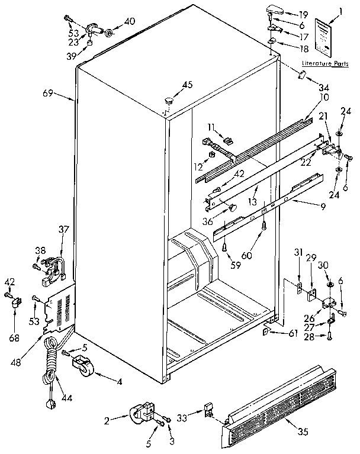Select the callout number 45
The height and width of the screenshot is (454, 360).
[x=187, y=85]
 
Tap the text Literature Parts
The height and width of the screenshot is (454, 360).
[x=324, y=63]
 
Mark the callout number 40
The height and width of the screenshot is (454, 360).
[x=129, y=22]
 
